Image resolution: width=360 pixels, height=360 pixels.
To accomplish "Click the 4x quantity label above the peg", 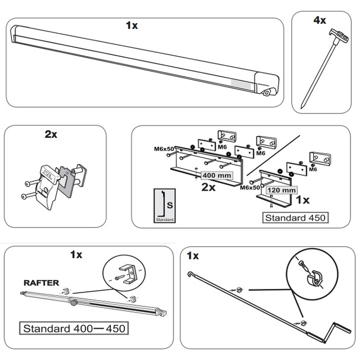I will click(x=320, y=21).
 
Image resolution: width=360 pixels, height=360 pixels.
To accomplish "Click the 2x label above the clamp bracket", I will click(x=51, y=134).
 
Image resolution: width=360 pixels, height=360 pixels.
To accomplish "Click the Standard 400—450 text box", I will click(x=76, y=327).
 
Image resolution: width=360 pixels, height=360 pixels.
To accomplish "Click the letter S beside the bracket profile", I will click(x=169, y=205).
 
